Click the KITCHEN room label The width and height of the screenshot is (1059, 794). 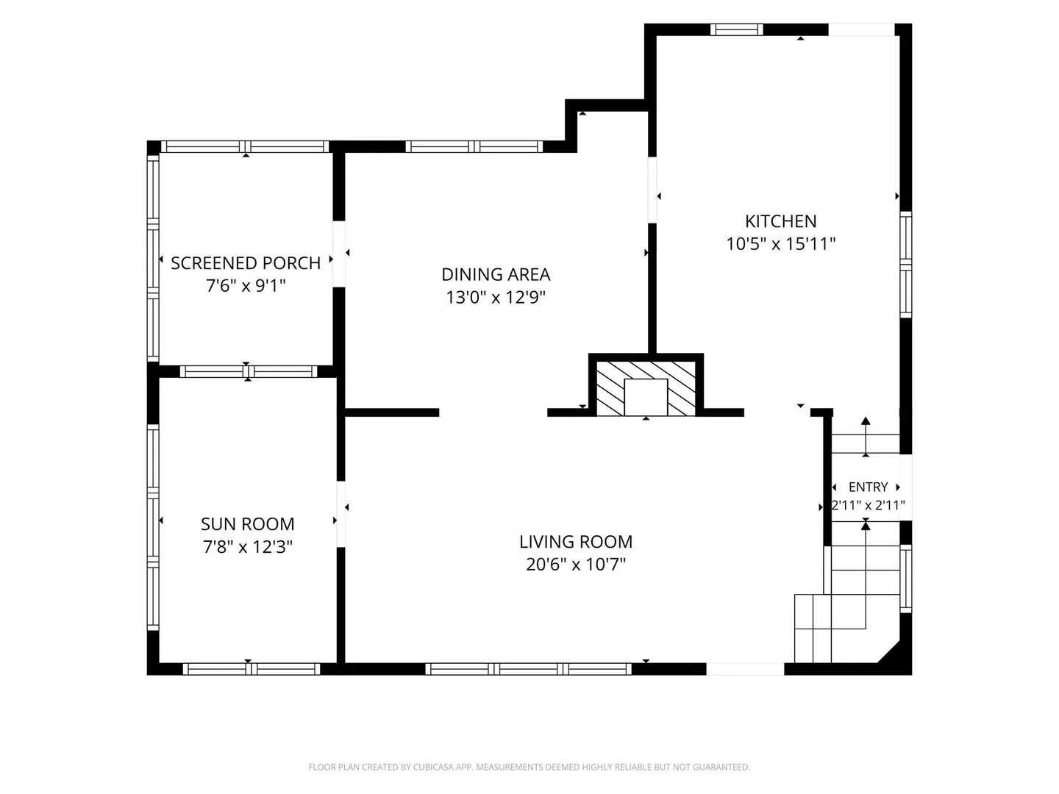(780, 221)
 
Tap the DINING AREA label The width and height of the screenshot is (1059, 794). (496, 274)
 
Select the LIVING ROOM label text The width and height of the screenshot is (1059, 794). (576, 542)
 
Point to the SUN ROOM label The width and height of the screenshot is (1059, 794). (248, 524)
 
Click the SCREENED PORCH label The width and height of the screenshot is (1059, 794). (246, 263)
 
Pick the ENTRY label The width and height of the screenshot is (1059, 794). (868, 487)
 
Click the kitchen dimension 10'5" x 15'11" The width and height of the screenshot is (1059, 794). (780, 244)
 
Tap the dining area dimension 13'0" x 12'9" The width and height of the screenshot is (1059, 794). (496, 298)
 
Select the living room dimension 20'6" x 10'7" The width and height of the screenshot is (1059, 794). (576, 565)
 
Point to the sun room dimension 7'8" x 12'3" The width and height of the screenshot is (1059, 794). (248, 547)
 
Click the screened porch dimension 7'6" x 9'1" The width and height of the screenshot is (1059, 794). (246, 287)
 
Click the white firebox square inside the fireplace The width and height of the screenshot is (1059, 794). (646, 397)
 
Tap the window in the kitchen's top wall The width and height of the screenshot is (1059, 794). (736, 29)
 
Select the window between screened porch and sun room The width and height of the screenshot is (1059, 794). (249, 372)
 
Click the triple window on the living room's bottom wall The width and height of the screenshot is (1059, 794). (528, 669)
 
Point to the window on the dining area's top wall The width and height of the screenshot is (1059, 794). (474, 146)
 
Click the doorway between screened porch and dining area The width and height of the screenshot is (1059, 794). (339, 254)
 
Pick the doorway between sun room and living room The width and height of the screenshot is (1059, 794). (340, 514)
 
